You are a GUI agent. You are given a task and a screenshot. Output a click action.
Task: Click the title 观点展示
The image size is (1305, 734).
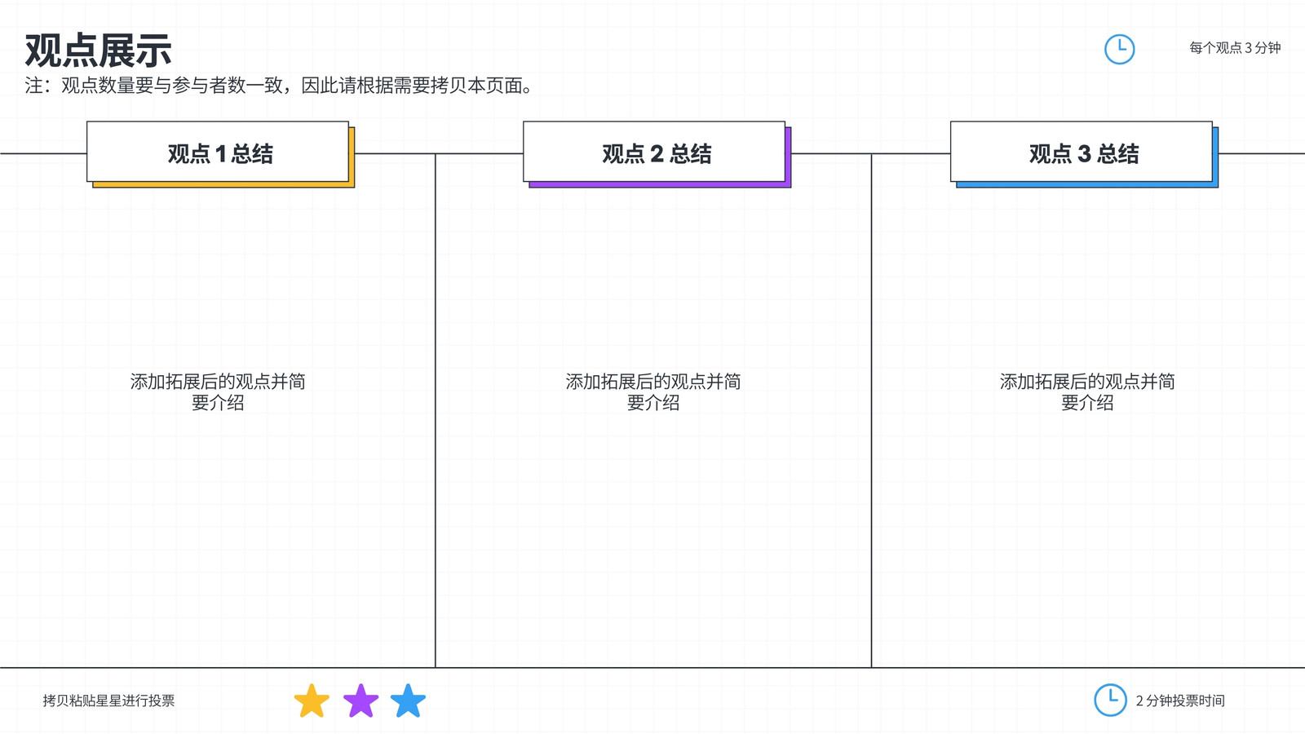tap(98, 51)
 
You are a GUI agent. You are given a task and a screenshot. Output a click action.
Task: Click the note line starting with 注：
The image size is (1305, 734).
tap(278, 86)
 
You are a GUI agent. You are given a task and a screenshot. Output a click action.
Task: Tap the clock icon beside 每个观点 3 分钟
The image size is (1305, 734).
tap(1119, 49)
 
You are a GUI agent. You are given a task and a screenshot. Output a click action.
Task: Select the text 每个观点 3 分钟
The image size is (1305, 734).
tap(1235, 48)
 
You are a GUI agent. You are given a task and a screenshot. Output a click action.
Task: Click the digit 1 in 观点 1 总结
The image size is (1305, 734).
tap(221, 154)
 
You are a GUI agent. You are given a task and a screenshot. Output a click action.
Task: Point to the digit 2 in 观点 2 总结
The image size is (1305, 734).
tap(657, 154)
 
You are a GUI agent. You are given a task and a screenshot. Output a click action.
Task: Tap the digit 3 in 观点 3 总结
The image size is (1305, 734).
tap(1084, 154)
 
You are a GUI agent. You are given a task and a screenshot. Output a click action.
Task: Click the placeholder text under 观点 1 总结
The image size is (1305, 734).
tap(218, 392)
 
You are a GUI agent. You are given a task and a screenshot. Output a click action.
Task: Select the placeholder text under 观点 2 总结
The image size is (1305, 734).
tap(653, 392)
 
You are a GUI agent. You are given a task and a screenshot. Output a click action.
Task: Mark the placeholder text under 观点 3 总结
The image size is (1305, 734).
tap(1087, 392)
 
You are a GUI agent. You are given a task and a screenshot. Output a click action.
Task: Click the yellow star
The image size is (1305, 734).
tap(312, 701)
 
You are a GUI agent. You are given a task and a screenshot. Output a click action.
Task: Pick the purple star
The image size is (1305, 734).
tap(361, 701)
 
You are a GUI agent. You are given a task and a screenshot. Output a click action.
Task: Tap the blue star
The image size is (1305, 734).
tap(408, 701)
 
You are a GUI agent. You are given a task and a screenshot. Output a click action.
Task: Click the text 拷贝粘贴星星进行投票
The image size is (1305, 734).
tap(108, 701)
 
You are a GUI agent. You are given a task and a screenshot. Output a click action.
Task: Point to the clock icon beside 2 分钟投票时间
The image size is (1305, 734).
tap(1110, 700)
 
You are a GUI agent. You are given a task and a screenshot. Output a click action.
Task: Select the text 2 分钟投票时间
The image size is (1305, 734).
tap(1180, 701)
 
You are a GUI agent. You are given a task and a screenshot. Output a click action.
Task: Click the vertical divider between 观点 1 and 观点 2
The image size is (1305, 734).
tap(436, 411)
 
